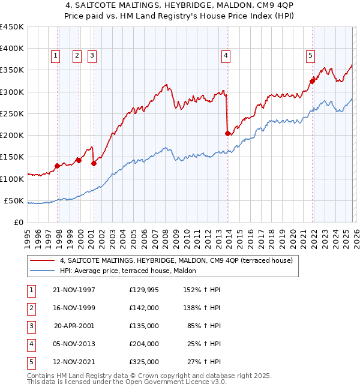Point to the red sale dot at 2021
click(313, 81)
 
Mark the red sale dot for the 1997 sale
click(58, 166)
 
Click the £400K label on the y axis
click(12, 49)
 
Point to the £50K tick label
click(14, 200)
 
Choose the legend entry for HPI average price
click(132, 271)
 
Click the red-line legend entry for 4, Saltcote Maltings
click(176, 260)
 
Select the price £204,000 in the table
click(143, 344)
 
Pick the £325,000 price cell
click(143, 362)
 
